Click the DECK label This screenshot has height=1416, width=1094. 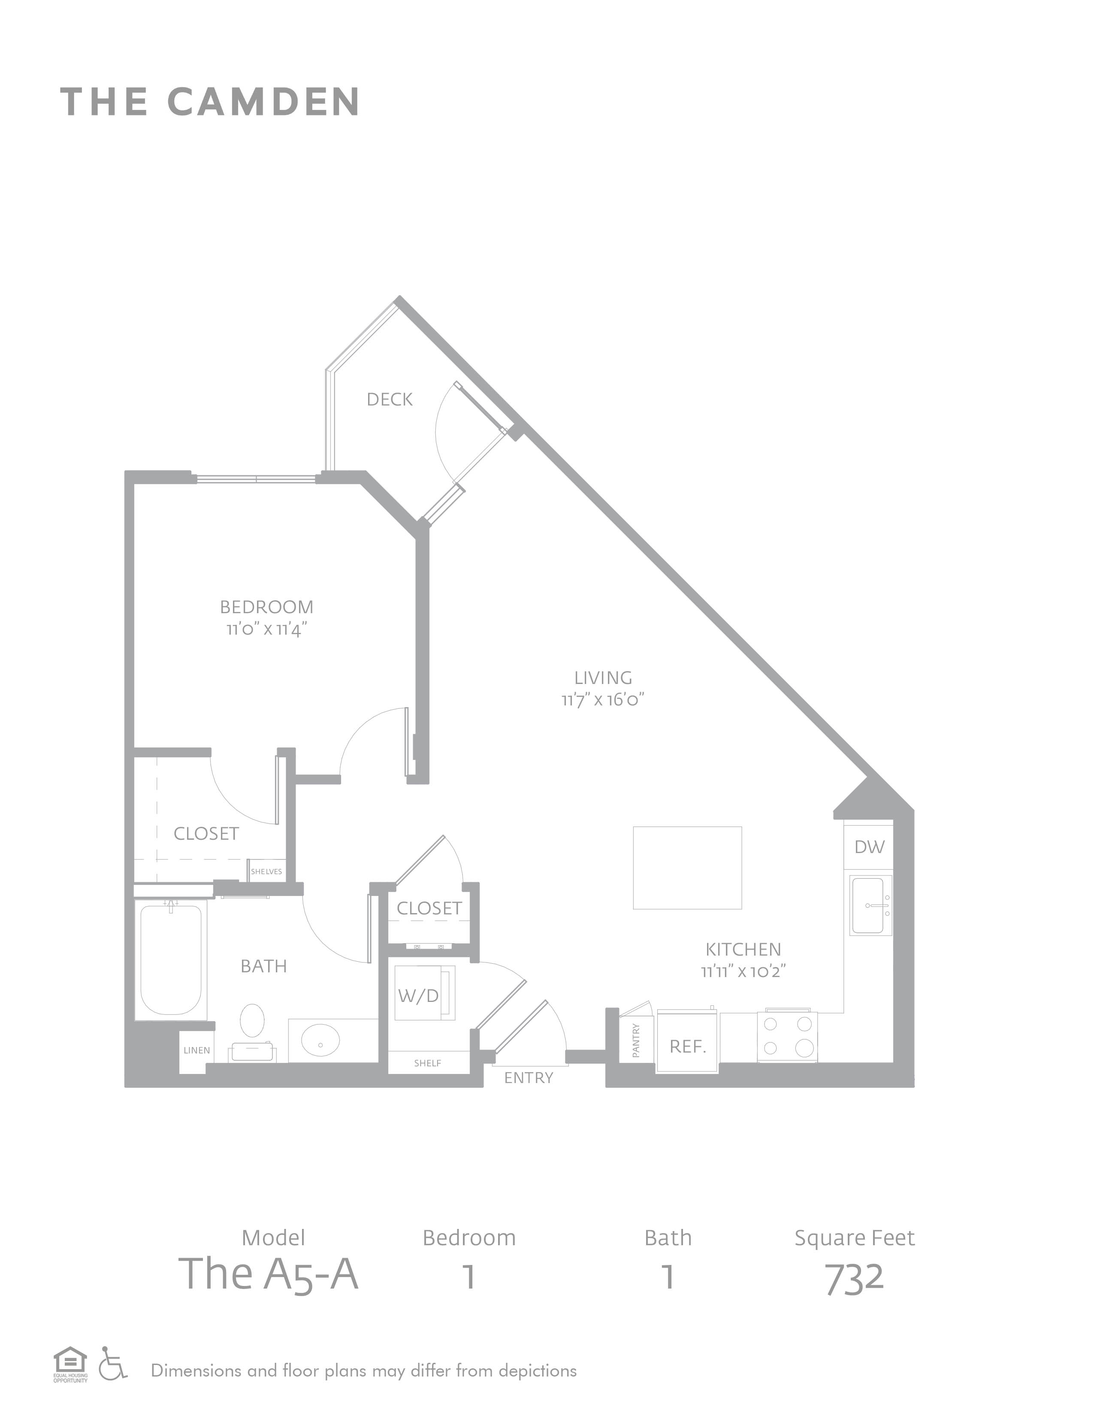point(390,399)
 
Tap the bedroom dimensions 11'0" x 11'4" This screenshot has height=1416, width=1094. point(266,629)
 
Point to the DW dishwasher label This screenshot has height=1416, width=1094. point(869,847)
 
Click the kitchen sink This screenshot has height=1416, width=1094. point(870,905)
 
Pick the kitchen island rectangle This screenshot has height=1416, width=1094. point(687,868)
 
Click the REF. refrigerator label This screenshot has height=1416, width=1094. point(688,1047)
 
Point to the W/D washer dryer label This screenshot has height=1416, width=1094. point(419,995)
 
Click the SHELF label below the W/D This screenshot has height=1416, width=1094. point(428,1063)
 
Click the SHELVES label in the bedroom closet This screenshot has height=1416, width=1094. point(266,871)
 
